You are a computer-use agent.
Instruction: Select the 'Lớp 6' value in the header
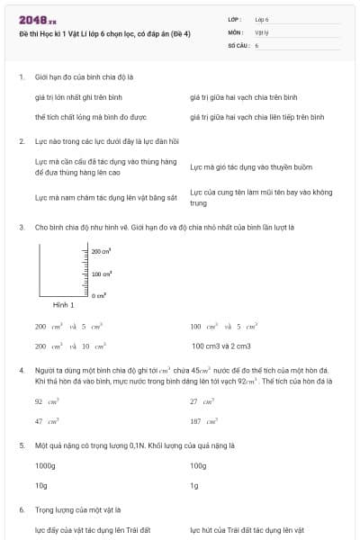click(262, 19)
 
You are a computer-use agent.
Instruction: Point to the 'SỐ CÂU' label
click(238, 44)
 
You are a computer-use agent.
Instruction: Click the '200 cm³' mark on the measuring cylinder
click(101, 252)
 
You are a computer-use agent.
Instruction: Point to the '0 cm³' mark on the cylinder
click(100, 295)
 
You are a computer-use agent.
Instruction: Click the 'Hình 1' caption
click(63, 306)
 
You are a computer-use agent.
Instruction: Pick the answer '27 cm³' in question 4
click(199, 402)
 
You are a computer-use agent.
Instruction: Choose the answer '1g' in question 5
click(194, 486)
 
